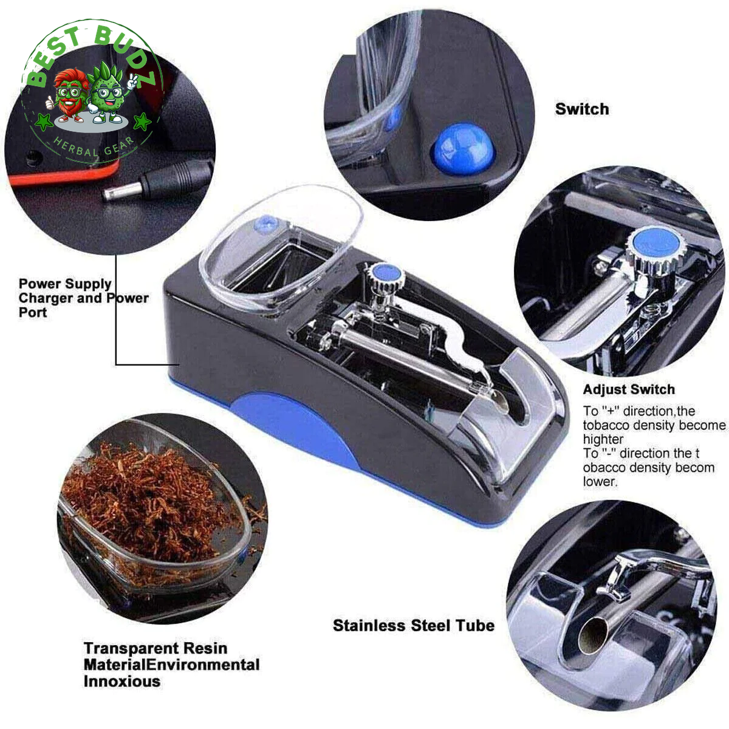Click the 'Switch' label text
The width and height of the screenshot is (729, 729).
[582, 109]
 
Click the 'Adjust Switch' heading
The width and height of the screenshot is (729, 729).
[629, 389]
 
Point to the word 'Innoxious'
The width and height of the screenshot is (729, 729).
[122, 682]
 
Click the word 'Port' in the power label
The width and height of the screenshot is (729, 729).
[33, 312]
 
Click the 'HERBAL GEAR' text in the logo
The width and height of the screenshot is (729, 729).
[94, 147]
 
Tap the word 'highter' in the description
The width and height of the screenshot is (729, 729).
[603, 440]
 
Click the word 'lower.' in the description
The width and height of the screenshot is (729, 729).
[600, 482]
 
